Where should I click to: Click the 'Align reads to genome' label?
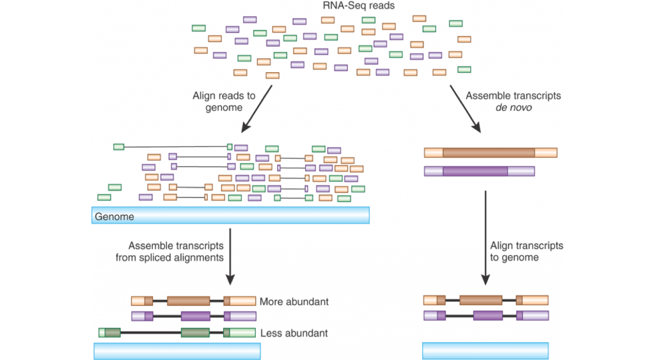coord(223,102)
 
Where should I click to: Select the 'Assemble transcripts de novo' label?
coord(513,102)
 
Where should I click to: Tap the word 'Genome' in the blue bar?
coord(114,217)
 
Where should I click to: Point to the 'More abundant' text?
coord(294,301)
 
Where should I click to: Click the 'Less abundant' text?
coord(294,333)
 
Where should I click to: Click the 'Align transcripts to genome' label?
coord(526,251)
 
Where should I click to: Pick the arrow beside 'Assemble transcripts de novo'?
coord(467,108)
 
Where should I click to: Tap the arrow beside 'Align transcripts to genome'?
coord(485,237)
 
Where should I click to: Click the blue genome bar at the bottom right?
coord(485,350)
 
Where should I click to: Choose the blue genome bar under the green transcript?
coord(177,351)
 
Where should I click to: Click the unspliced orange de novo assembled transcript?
coord(490,153)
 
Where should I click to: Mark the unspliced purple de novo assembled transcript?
coord(479,171)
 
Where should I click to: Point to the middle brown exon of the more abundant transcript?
coord(188,301)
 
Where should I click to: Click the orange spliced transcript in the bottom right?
coord(485,300)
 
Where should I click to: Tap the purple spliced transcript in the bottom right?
coord(485,315)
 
